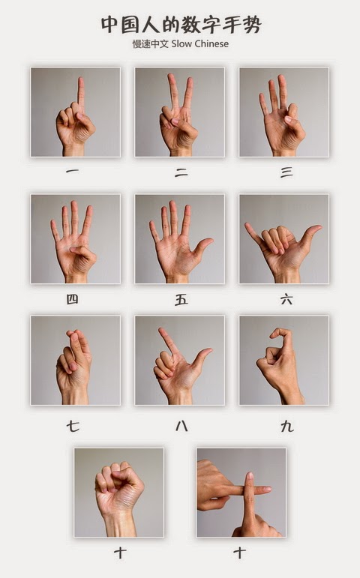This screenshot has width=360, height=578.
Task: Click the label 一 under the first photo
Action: pyautogui.click(x=72, y=171)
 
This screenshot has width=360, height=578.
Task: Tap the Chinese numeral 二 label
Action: pyautogui.click(x=181, y=172)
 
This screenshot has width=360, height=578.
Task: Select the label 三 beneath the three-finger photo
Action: pyautogui.click(x=286, y=172)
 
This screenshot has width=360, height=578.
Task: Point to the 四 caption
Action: pyautogui.click(x=72, y=299)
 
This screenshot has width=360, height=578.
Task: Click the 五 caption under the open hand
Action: pyautogui.click(x=181, y=300)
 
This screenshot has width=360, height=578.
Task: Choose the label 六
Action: pyautogui.click(x=286, y=299)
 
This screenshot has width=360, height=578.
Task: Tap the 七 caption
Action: pyautogui.click(x=73, y=426)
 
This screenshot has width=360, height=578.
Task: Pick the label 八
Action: pyautogui.click(x=181, y=426)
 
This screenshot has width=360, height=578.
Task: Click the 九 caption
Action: pyautogui.click(x=287, y=426)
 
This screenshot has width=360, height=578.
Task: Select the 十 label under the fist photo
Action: pyautogui.click(x=120, y=553)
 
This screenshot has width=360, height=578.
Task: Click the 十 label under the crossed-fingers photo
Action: pyautogui.click(x=239, y=553)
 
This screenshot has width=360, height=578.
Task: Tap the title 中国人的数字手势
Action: pyautogui.click(x=181, y=25)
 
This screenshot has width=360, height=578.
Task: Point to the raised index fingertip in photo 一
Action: pyautogui.click(x=81, y=80)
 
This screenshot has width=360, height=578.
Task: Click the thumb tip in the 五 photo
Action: pyautogui.click(x=209, y=241)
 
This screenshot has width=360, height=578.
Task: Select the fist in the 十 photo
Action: pyautogui.click(x=118, y=483)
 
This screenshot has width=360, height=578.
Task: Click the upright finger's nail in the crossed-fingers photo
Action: pyautogui.click(x=250, y=475)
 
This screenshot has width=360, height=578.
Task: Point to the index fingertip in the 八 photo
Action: pyautogui.click(x=161, y=330)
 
